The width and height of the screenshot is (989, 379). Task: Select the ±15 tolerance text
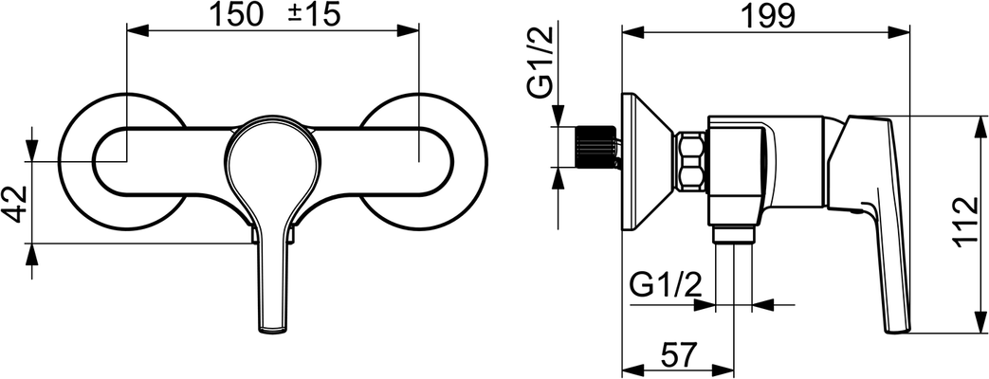click(314, 15)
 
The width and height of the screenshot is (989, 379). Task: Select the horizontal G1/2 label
click(666, 287)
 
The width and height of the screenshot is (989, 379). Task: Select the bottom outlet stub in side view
click(734, 235)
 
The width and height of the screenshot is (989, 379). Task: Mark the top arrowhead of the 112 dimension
click(982, 126)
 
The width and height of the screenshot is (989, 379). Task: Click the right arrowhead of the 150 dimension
click(409, 29)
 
